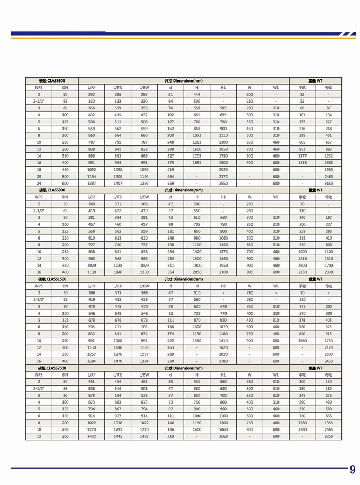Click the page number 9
(x=353, y=470)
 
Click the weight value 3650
(x=329, y=182)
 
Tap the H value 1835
(x=197, y=163)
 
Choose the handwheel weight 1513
(x=302, y=163)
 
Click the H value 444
(x=197, y=94)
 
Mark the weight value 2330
(x=329, y=271)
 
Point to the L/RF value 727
(x=92, y=245)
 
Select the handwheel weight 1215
(x=302, y=258)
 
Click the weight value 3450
(x=329, y=360)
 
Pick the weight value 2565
(x=329, y=429)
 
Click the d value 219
(x=170, y=436)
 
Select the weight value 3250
(x=329, y=436)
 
